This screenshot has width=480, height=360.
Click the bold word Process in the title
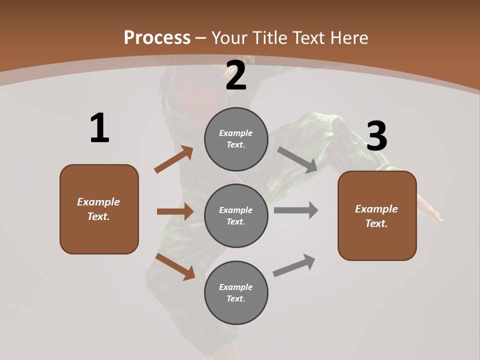(x=157, y=37)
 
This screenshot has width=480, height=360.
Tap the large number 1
(x=99, y=128)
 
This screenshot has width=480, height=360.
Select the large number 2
(x=236, y=75)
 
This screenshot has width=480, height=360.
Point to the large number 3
(x=376, y=136)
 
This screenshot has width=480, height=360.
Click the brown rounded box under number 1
(x=99, y=209)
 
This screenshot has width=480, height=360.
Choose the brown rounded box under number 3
(x=377, y=216)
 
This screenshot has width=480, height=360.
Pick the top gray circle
(x=236, y=139)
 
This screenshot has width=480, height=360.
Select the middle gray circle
(x=236, y=216)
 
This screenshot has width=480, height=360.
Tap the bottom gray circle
(x=236, y=293)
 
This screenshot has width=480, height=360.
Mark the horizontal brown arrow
(x=175, y=211)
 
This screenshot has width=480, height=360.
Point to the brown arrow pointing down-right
(x=175, y=266)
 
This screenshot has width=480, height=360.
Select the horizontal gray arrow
(x=295, y=210)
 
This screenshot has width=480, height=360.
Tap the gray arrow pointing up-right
(x=294, y=265)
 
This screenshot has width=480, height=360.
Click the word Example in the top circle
(x=236, y=133)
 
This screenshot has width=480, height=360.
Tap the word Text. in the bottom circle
(x=236, y=299)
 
